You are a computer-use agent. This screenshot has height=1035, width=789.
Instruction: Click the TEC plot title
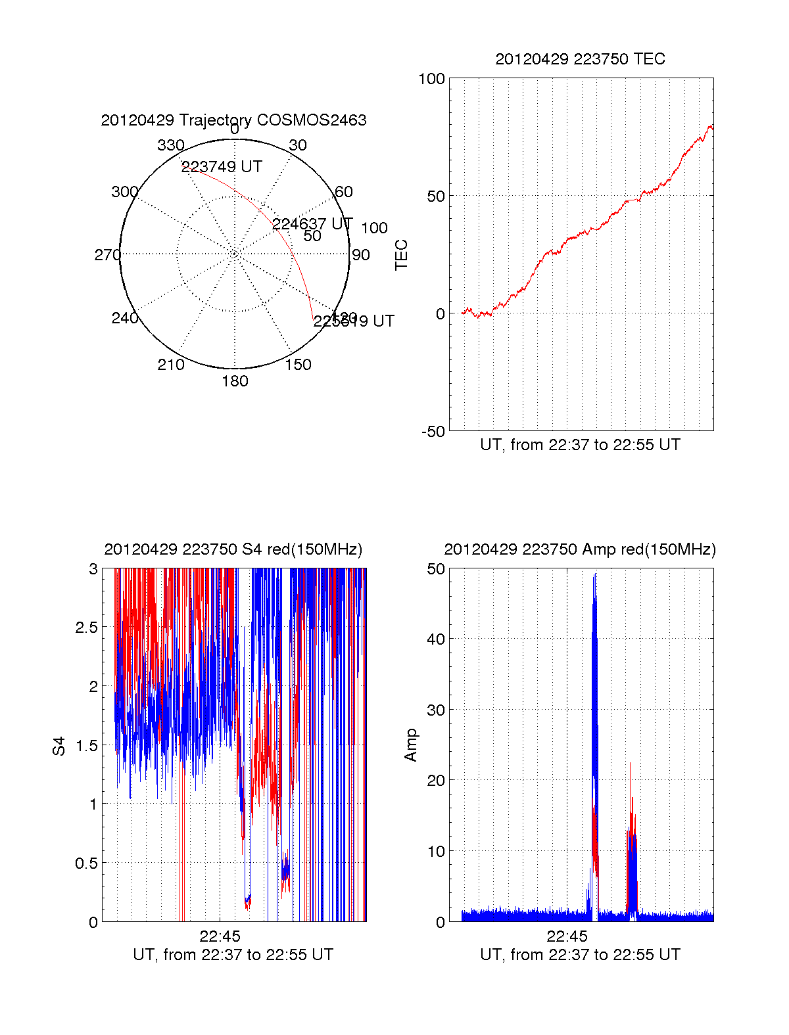[580, 59]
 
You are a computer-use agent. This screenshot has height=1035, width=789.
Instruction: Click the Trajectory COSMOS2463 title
[233, 120]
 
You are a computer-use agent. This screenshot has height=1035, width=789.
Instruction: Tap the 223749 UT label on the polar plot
[222, 167]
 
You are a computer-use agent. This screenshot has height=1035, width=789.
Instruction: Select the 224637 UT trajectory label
[312, 224]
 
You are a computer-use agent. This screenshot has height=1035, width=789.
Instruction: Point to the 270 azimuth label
[107, 255]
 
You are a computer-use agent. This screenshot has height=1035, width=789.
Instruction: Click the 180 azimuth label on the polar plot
[235, 381]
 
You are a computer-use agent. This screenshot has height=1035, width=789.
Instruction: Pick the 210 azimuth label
[170, 365]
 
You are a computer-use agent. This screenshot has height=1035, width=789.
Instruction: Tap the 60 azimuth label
[344, 192]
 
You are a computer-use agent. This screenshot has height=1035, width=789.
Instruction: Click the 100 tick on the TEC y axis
[431, 80]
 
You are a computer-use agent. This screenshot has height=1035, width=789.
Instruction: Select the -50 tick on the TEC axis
[433, 432]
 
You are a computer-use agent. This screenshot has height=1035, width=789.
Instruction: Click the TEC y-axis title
[401, 255]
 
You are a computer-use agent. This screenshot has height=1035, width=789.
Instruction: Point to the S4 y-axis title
[59, 746]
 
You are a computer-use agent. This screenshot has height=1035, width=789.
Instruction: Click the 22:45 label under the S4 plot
[220, 936]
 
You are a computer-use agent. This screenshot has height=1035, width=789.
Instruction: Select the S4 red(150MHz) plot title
[233, 549]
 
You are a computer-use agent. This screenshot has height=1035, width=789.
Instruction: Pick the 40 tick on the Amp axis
[436, 639]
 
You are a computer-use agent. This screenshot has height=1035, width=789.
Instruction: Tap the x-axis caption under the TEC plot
[580, 445]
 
